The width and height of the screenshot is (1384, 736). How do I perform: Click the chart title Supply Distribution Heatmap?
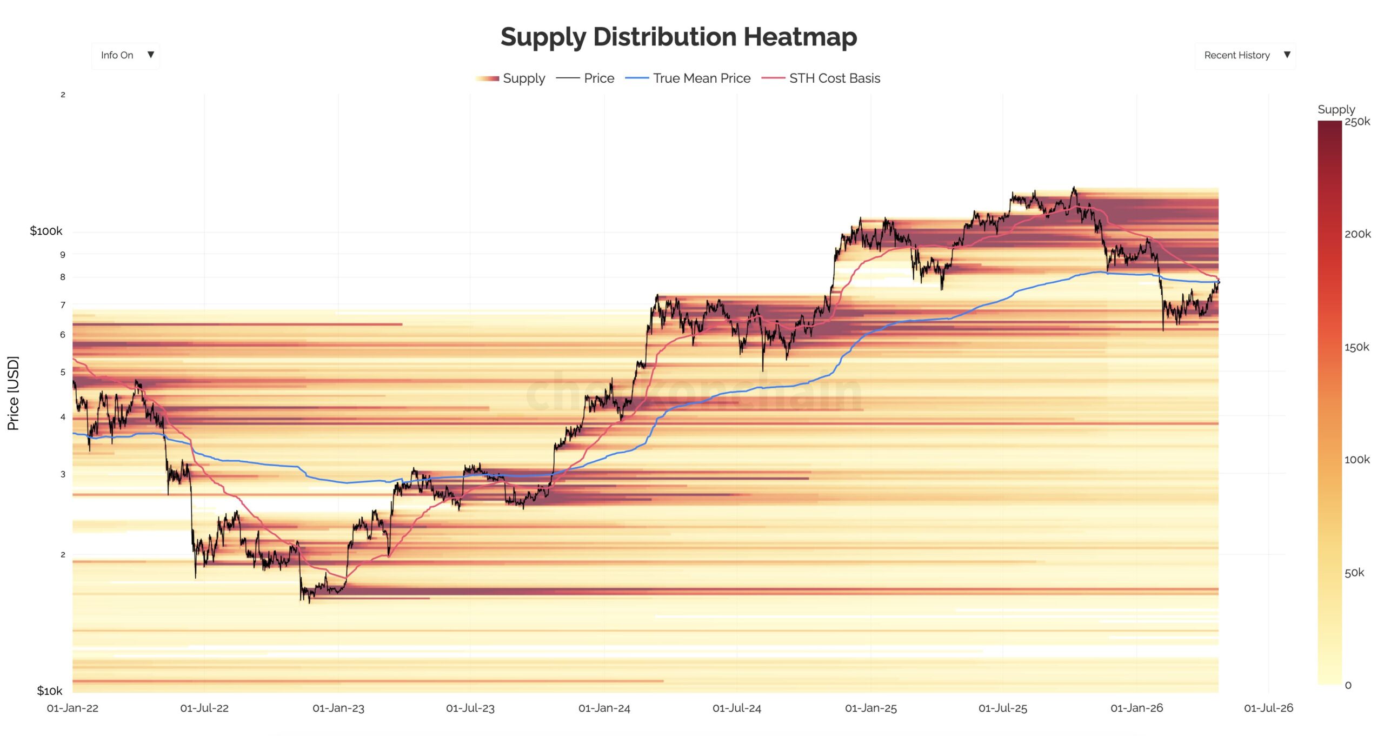click(x=678, y=37)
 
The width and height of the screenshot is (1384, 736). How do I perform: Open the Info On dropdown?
click(x=125, y=55)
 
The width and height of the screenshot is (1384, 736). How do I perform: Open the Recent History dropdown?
click(x=1245, y=55)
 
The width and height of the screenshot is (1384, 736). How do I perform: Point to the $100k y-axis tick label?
click(x=46, y=231)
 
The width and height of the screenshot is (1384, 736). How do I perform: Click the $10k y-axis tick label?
click(x=49, y=691)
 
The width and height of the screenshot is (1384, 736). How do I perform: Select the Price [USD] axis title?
click(x=13, y=393)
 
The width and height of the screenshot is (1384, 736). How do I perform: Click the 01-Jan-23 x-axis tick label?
click(x=338, y=708)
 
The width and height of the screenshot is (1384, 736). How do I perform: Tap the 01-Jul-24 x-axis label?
click(x=736, y=708)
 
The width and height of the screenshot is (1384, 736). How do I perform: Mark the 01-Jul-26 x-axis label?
click(x=1268, y=708)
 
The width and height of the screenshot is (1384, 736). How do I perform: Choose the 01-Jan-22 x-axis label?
click(x=72, y=708)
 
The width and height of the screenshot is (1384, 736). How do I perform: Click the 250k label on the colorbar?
click(x=1357, y=122)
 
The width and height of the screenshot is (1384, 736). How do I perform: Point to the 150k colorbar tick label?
click(x=1356, y=347)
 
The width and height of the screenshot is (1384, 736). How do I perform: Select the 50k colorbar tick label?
click(x=1354, y=573)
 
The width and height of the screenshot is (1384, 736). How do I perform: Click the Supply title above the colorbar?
click(x=1336, y=109)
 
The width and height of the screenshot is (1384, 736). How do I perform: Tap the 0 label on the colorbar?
click(x=1348, y=685)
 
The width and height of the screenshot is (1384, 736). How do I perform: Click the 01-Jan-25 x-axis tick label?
click(x=870, y=708)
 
